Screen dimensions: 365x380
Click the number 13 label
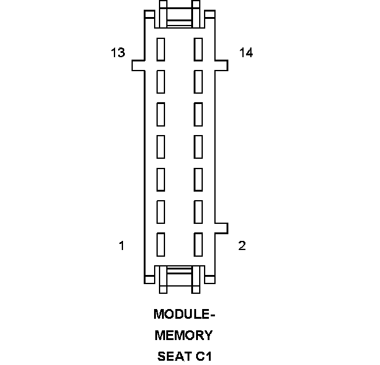click(118, 53)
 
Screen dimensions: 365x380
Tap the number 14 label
click(246, 53)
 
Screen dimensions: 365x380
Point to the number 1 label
click(122, 246)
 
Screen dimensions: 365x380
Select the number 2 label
click(242, 246)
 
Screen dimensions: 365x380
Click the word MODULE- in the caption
click(185, 315)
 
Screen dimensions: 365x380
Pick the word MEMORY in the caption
click(184, 335)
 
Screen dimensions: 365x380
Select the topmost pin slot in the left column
click(161, 49)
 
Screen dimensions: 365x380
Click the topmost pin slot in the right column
click(198, 49)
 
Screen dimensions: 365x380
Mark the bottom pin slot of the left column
click(161, 243)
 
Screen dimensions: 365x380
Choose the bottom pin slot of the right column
click(198, 243)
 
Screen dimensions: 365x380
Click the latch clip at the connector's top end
click(179, 15)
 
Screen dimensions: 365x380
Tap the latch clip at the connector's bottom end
click(179, 279)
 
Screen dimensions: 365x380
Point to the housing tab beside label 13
click(139, 64)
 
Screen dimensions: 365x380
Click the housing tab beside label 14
click(221, 64)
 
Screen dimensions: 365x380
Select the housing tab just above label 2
click(221, 228)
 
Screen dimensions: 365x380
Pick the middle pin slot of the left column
click(161, 145)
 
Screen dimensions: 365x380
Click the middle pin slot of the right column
click(198, 145)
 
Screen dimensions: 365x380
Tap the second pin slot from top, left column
click(161, 81)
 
